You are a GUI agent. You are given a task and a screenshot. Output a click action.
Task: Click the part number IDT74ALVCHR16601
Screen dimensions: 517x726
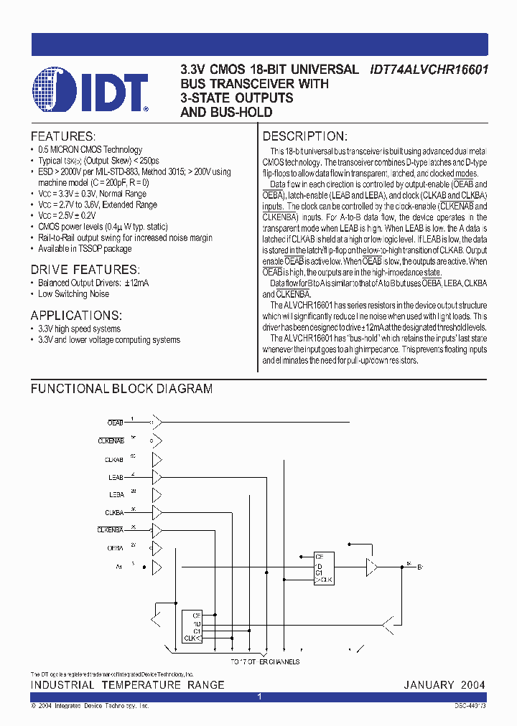429,70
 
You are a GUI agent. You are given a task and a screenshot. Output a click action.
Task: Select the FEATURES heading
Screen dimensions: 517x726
62,136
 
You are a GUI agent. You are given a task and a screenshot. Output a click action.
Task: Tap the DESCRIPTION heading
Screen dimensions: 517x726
305,136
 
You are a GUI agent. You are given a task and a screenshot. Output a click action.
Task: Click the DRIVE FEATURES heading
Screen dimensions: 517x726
85,270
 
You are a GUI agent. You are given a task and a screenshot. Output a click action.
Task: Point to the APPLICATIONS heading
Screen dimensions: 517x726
76,316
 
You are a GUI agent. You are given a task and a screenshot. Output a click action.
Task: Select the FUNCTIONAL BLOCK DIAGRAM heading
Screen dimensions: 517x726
121,389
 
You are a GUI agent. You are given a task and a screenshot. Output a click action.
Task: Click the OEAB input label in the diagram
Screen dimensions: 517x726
115,423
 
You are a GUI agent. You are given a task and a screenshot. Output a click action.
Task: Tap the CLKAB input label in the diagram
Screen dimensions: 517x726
114,459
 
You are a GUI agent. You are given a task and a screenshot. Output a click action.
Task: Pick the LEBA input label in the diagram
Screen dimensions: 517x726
116,495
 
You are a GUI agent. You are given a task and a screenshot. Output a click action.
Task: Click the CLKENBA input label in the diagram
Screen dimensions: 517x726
111,530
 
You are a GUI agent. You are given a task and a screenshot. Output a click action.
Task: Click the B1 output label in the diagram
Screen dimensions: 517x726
421,567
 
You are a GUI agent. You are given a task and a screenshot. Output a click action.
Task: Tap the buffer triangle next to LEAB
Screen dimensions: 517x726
157,477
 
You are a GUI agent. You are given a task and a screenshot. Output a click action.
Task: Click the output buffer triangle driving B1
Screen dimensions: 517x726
371,567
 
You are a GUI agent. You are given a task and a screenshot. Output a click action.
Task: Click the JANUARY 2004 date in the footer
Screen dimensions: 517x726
444,685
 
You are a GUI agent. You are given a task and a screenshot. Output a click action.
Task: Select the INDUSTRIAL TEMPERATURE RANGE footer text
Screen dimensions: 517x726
127,685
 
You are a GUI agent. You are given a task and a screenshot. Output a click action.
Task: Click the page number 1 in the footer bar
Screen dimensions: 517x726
258,697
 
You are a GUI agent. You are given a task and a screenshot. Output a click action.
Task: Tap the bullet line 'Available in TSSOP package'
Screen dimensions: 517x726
85,248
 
